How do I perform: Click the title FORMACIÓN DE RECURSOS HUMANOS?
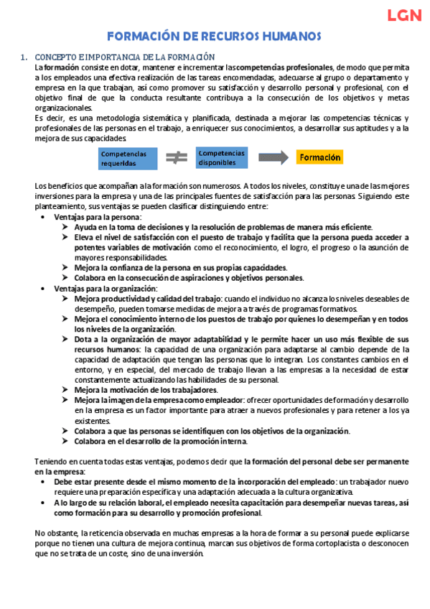(x=214, y=37)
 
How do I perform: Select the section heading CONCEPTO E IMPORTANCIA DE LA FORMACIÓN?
(x=125, y=57)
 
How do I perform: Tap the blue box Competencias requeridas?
(x=124, y=157)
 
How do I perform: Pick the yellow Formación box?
(x=319, y=157)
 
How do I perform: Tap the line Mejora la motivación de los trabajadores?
(x=146, y=390)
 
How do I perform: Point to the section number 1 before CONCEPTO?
(x=24, y=57)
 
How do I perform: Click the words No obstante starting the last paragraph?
(x=56, y=533)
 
